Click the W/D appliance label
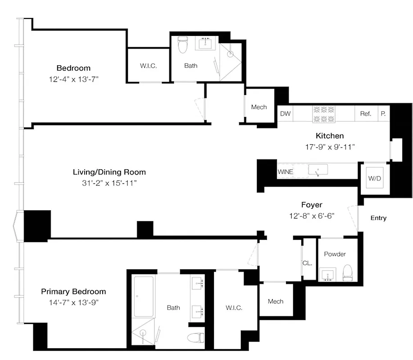[x=374, y=178]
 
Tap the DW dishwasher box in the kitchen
[x=285, y=114]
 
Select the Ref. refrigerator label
[x=366, y=114]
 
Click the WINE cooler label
[x=286, y=171]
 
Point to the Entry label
[x=378, y=218]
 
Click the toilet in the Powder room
[x=347, y=273]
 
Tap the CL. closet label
[x=307, y=263]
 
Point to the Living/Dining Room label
[x=109, y=172]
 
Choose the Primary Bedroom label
[x=73, y=292]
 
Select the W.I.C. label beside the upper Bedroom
[x=148, y=66]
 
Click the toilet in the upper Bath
[x=182, y=45]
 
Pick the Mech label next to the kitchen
[x=259, y=107]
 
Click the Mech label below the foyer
[x=275, y=301]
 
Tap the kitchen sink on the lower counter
[x=318, y=170]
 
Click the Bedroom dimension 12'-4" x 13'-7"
[x=73, y=79]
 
